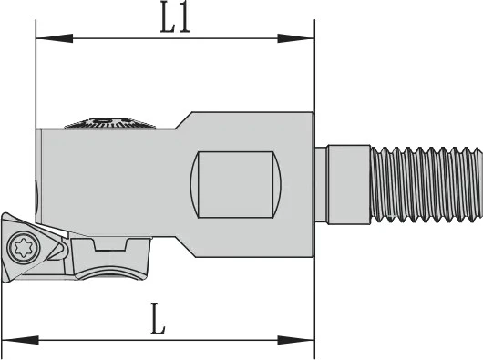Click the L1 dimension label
click(x=175, y=21)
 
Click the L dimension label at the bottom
click(x=158, y=319)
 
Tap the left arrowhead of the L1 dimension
click(x=54, y=38)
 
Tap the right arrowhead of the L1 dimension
click(x=296, y=38)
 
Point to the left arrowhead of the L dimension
click(x=20, y=340)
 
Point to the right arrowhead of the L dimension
click(x=296, y=340)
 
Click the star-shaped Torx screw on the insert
click(x=24, y=248)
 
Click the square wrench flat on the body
click(x=236, y=184)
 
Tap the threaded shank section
click(x=426, y=184)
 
